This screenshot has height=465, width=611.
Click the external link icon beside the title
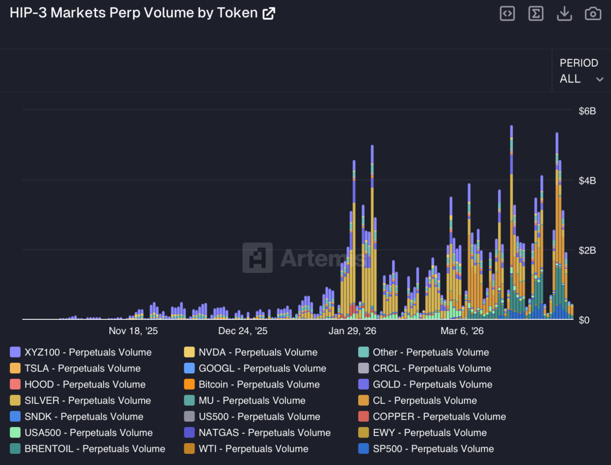tap(268, 14)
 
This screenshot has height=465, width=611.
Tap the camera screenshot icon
tap(593, 14)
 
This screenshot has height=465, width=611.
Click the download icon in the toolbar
tap(564, 14)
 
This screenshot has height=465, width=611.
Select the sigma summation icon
tap(536, 14)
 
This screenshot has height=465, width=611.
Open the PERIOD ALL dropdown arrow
tap(600, 79)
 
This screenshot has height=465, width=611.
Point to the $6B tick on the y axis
tap(588, 111)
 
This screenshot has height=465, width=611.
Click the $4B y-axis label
tap(588, 181)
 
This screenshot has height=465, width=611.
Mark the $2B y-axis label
tap(588, 250)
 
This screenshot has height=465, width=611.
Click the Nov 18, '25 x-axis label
tap(133, 331)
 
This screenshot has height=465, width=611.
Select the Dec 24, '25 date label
tap(243, 331)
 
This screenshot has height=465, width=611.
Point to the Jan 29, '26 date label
tap(352, 331)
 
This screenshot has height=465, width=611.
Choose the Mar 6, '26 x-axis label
tap(462, 331)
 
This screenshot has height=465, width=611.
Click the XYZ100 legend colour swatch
tap(15, 352)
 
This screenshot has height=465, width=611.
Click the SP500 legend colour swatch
tap(364, 449)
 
